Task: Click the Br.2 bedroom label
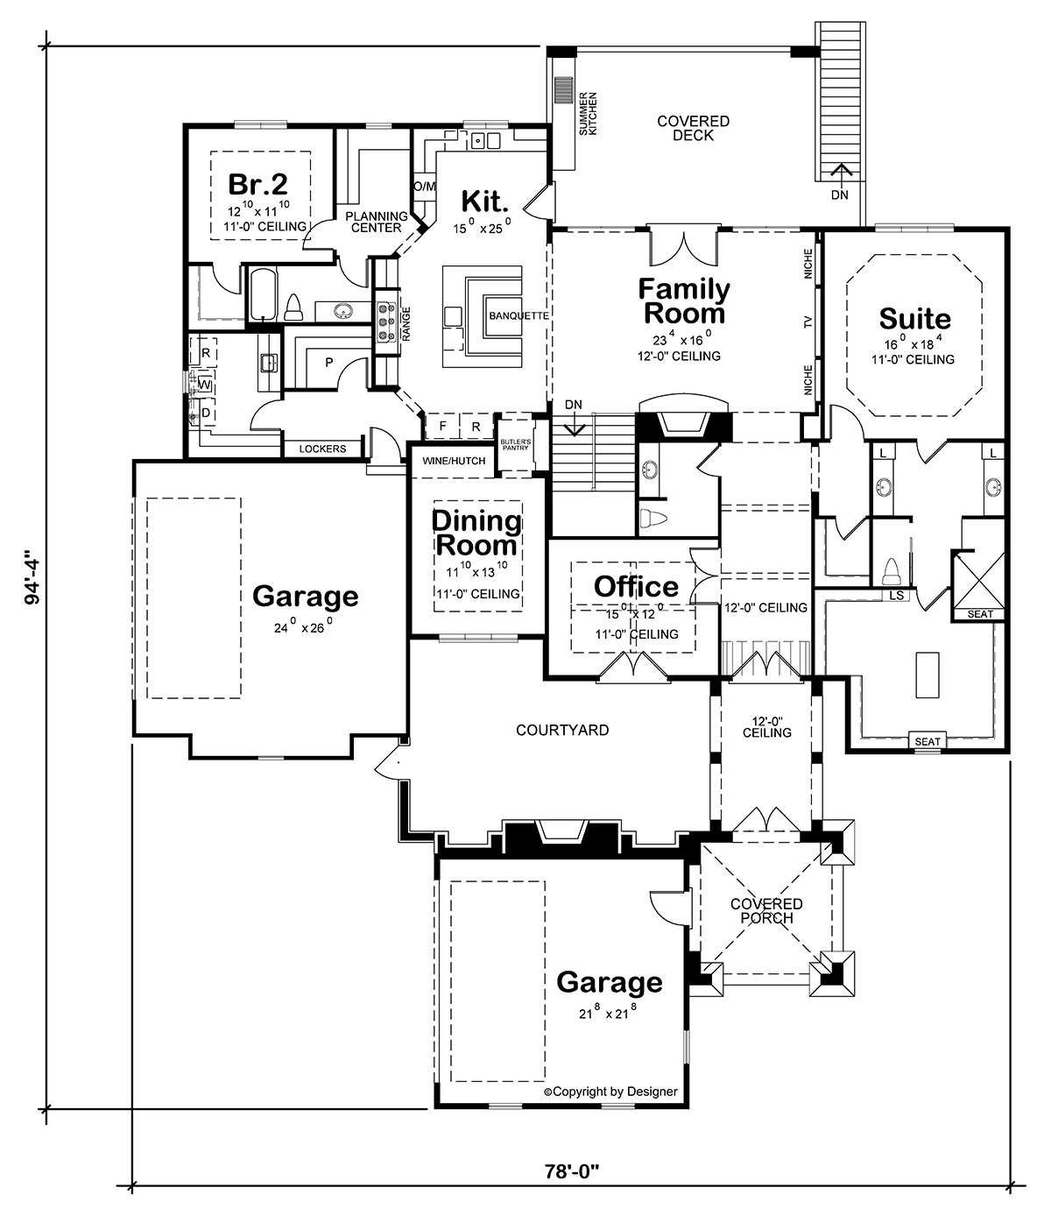coord(258,184)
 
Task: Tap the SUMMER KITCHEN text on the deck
coord(588,114)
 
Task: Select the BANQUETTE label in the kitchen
coord(518,316)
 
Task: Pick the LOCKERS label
coord(322,449)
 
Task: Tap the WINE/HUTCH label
coord(454,461)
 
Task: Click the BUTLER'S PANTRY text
coord(515,445)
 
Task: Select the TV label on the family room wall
coord(808,322)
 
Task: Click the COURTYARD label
coord(562,730)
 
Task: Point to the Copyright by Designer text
coord(610,1092)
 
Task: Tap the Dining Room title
coord(476,533)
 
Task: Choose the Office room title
coord(636,586)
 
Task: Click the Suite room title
coord(914,319)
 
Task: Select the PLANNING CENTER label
coord(377,222)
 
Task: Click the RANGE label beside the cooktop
coord(406,323)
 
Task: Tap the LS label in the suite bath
coord(896,596)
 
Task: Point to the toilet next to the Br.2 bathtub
coord(293,308)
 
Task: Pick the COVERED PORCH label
coord(766,911)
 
